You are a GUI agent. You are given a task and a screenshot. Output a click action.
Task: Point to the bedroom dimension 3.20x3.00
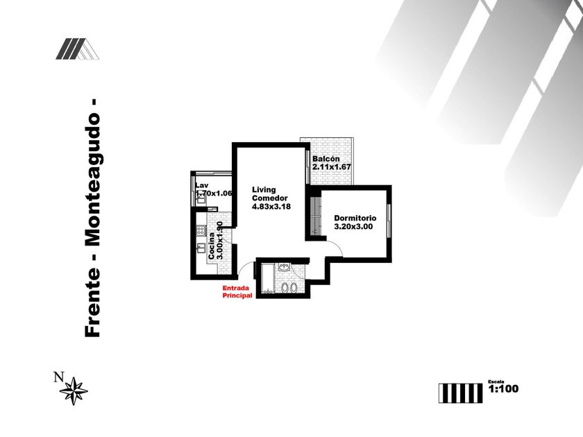(354, 226)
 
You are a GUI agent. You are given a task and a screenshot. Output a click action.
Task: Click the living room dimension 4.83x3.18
(271, 206)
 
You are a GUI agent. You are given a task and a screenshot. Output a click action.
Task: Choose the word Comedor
(269, 198)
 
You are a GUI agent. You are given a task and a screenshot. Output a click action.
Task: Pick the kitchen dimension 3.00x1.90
(220, 241)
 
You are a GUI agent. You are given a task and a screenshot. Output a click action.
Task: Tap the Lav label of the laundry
(201, 185)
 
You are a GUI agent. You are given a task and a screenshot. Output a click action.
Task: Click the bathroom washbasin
(284, 266)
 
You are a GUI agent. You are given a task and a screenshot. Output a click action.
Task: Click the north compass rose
(74, 391)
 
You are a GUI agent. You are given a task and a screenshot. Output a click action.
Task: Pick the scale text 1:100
(504, 389)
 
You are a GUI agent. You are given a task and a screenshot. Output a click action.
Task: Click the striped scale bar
(460, 392)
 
